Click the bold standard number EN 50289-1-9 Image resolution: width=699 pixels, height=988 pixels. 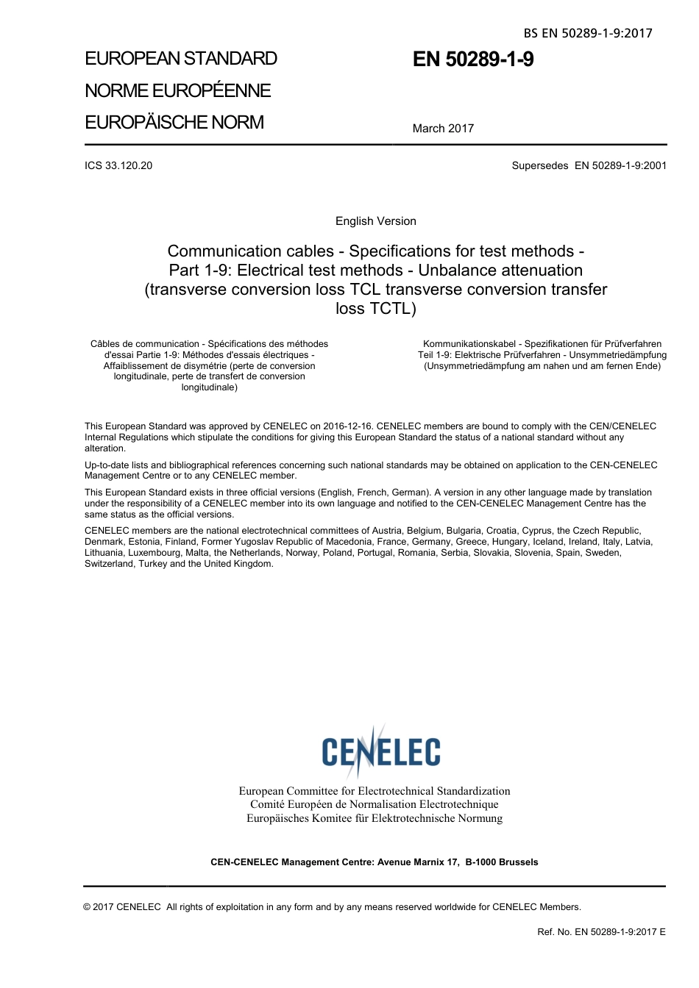[x=473, y=60]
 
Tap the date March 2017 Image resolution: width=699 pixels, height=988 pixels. [x=443, y=128]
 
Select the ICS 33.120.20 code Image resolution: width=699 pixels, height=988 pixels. [x=118, y=165]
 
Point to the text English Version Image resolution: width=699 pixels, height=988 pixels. [x=375, y=221]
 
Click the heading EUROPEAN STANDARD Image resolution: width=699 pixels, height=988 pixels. [x=181, y=59]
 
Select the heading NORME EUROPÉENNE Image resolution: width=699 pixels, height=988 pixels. [x=178, y=90]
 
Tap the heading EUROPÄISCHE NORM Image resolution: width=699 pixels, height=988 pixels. [x=174, y=122]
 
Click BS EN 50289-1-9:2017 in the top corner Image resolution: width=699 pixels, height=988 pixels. [x=588, y=33]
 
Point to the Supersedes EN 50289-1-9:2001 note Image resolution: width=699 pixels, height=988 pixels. [x=589, y=165]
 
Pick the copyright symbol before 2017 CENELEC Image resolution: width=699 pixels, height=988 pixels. [x=88, y=907]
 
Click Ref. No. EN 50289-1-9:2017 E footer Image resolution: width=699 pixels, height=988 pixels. [x=601, y=932]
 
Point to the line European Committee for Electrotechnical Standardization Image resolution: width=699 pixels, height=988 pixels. [x=374, y=791]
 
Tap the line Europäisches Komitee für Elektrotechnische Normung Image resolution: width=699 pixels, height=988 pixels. [x=375, y=818]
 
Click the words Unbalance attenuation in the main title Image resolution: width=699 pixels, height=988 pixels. [x=500, y=271]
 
